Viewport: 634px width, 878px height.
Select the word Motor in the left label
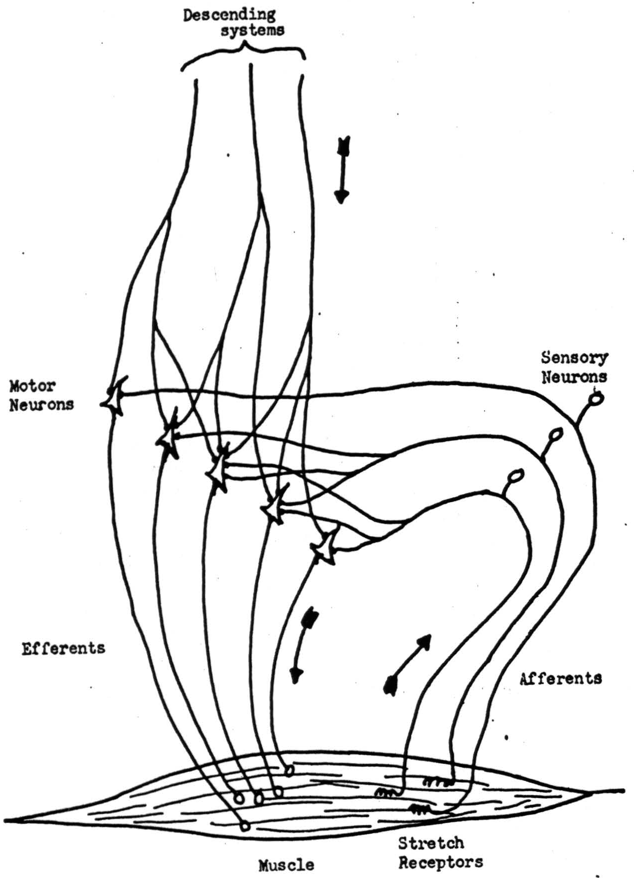(x=32, y=386)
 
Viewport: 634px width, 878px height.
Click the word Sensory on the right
(x=574, y=358)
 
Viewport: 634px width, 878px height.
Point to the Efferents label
(x=63, y=649)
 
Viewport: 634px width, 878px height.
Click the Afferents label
(x=560, y=679)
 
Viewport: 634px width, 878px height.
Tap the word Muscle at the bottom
(x=286, y=865)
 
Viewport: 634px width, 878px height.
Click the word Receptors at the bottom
(x=440, y=862)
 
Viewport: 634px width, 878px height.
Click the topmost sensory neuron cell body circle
(x=596, y=399)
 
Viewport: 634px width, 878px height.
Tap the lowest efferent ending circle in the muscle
(x=244, y=827)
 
